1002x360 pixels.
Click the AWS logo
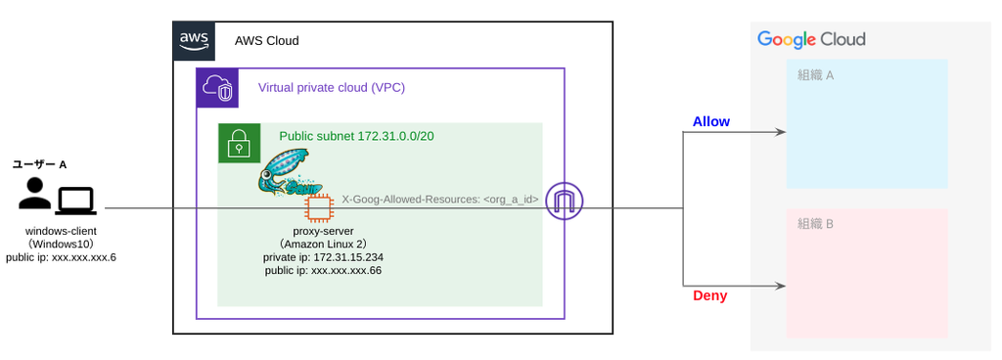pyautogui.click(x=195, y=41)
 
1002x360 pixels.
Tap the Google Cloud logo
pyautogui.click(x=811, y=39)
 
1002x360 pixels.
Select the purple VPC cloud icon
pyautogui.click(x=216, y=88)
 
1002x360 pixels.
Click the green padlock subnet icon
pyautogui.click(x=239, y=143)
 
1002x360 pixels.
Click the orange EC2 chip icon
pyautogui.click(x=319, y=208)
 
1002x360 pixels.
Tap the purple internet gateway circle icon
pyautogui.click(x=565, y=202)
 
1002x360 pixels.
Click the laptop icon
pyautogui.click(x=75, y=201)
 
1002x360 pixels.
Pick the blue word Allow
pyautogui.click(x=711, y=121)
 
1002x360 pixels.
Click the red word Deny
pyautogui.click(x=710, y=296)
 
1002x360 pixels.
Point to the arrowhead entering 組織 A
pyautogui.click(x=780, y=132)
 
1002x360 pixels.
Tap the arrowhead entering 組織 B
pyautogui.click(x=780, y=286)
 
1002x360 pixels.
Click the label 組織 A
pyautogui.click(x=816, y=75)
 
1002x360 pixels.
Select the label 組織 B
pyautogui.click(x=815, y=224)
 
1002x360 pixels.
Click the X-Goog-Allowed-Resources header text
pyautogui.click(x=440, y=200)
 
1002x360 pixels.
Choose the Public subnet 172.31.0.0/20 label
pyautogui.click(x=357, y=136)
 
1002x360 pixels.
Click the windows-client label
pyautogui.click(x=61, y=231)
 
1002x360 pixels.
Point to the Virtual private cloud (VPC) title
pyautogui.click(x=332, y=87)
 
